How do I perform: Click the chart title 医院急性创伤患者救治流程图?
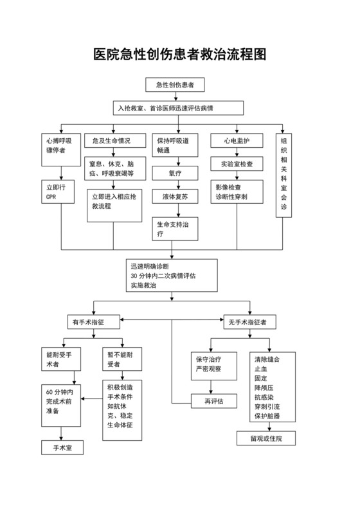[180, 55]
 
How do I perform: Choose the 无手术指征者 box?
[246, 319]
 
